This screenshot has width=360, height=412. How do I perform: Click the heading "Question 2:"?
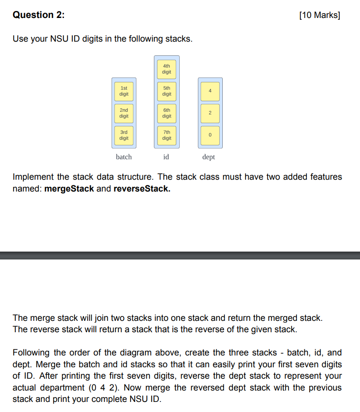[x=39, y=15]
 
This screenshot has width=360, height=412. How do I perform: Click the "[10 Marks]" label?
[x=320, y=15]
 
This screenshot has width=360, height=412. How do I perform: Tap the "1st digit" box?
[x=124, y=91]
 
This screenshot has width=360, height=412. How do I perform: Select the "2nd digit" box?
[x=124, y=113]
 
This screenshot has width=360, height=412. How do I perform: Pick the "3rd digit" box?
[x=124, y=135]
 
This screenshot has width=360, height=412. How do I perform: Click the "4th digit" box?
[x=167, y=69]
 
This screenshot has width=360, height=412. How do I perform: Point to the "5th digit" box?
[x=167, y=91]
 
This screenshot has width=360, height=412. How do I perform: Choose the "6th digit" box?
[x=167, y=113]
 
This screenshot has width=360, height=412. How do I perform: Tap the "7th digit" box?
[x=167, y=135]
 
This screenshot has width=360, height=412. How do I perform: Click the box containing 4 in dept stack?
[x=210, y=91]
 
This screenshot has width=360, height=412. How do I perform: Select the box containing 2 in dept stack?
[x=210, y=113]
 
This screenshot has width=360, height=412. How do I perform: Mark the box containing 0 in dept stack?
[x=210, y=135]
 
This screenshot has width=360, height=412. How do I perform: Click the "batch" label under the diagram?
[x=124, y=157]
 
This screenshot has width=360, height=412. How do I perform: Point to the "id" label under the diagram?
[x=166, y=157]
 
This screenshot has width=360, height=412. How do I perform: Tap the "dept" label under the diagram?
[x=209, y=157]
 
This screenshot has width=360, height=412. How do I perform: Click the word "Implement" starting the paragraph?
[x=33, y=177]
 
